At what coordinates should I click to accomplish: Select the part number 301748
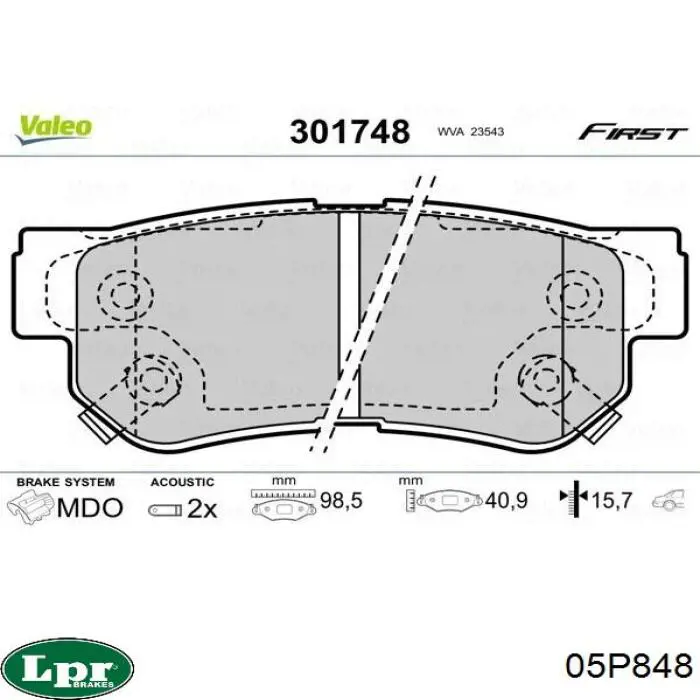coord(350,132)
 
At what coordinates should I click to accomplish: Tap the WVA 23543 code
coord(471,132)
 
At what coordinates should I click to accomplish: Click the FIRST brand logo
coord(632,133)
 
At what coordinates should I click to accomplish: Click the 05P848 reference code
coord(629,667)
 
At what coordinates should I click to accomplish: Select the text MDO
coord(90,508)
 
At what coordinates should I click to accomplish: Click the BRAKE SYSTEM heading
coord(66,482)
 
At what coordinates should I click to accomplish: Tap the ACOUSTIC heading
coord(182,482)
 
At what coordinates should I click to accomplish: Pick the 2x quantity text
coord(202,508)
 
